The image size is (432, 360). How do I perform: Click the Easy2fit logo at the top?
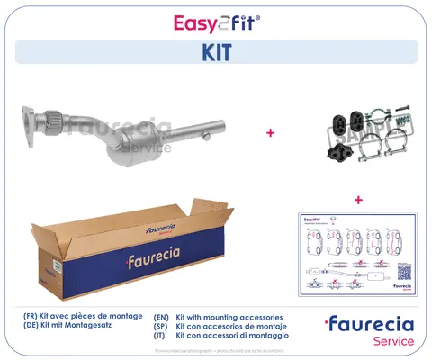[215, 21]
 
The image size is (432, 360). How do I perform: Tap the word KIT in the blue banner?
[216, 53]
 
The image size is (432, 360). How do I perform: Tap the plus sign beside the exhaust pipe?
[269, 133]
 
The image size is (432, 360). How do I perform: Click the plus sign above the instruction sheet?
[358, 199]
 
